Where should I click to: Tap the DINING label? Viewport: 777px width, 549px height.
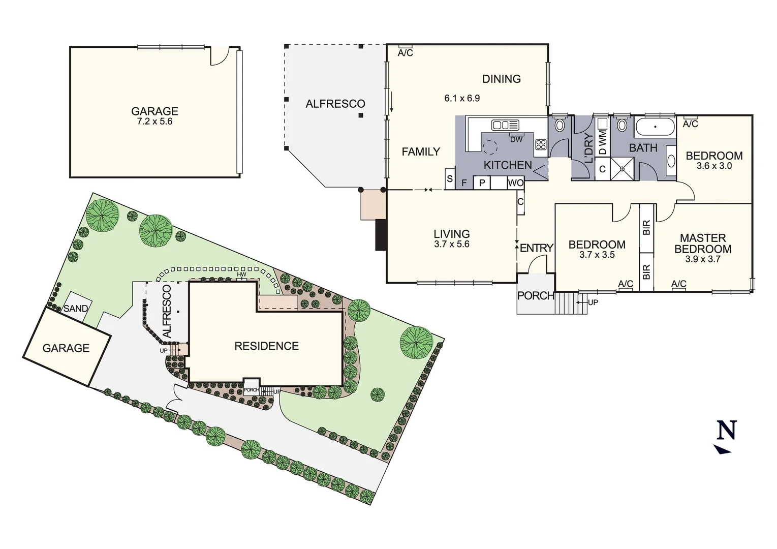(x=501, y=79)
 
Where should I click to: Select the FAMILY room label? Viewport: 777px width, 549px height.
(x=420, y=151)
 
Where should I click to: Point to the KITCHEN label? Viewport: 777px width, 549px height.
(x=507, y=165)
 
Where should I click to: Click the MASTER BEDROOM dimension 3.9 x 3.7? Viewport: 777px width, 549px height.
(x=702, y=259)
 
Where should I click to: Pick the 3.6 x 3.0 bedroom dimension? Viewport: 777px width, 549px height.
(x=714, y=166)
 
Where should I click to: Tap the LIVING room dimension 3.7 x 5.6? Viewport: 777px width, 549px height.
(x=451, y=245)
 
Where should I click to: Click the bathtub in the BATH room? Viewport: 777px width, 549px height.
(x=655, y=126)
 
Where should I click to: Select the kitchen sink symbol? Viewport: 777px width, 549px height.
(x=505, y=125)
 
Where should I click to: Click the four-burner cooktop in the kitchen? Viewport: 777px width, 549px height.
(x=540, y=144)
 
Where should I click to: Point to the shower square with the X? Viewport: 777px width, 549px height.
(x=623, y=168)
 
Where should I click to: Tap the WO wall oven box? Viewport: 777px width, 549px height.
(x=516, y=182)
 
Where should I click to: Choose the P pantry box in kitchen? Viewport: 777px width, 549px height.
(x=482, y=182)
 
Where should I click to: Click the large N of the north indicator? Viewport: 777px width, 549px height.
(x=726, y=430)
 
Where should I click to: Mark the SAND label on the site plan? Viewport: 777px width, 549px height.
(x=76, y=309)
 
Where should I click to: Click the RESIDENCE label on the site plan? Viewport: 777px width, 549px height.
(x=266, y=346)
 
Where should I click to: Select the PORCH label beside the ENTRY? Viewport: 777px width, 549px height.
(x=535, y=295)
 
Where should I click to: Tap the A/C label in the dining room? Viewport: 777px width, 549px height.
(x=405, y=53)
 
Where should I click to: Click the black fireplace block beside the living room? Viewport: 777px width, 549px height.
(x=381, y=235)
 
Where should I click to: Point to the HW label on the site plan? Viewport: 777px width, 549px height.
(x=241, y=275)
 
